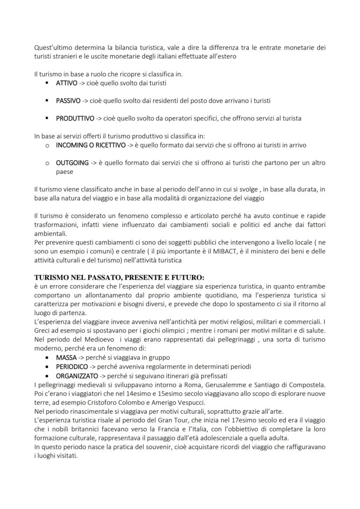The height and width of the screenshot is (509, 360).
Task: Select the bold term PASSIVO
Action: pos(68,101)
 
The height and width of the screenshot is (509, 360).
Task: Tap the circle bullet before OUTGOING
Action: pos(47,163)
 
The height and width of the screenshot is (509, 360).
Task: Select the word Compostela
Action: pos(307,384)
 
